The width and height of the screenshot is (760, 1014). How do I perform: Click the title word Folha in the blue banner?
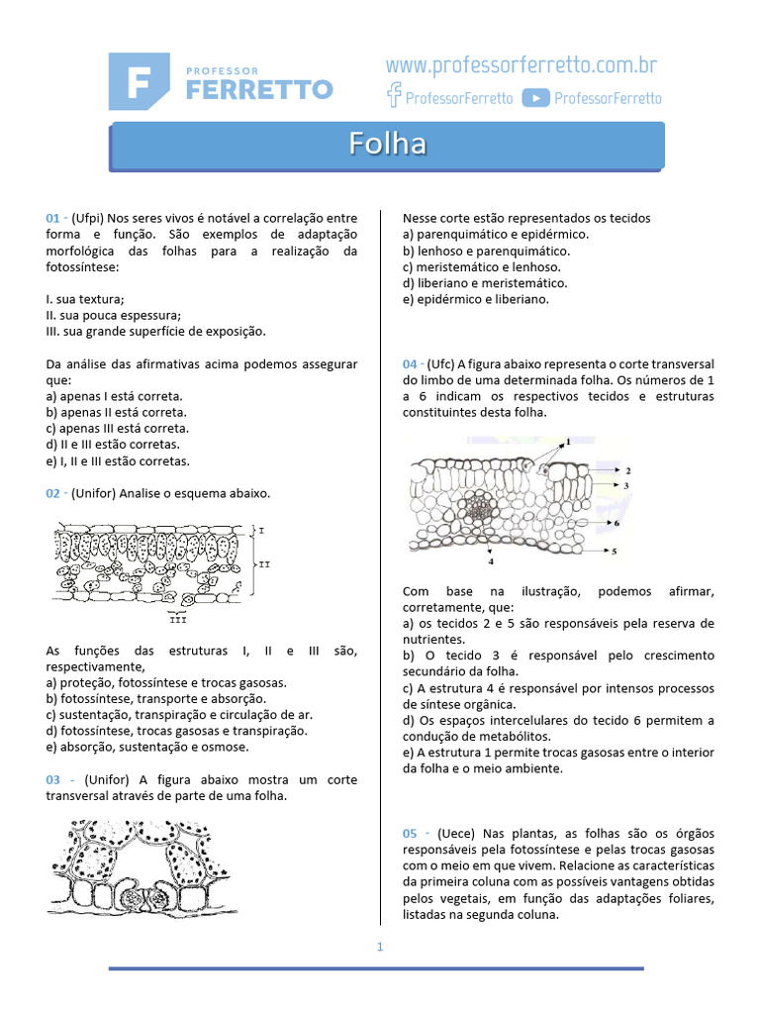click(x=387, y=145)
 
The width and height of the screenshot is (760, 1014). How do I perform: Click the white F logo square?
click(x=140, y=81)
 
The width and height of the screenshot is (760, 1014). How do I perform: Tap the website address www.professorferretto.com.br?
click(x=522, y=66)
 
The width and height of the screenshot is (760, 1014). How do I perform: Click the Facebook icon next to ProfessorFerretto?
click(x=394, y=97)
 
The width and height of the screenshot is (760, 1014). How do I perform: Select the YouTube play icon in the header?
click(x=535, y=97)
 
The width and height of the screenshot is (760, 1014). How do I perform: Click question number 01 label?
click(x=53, y=218)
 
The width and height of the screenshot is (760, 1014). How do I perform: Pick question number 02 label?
click(x=53, y=493)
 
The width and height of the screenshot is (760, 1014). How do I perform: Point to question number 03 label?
click(x=53, y=780)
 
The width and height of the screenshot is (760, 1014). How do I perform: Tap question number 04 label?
click(x=411, y=364)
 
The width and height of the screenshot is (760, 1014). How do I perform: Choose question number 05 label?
click(x=411, y=834)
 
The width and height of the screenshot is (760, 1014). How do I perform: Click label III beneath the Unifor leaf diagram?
click(x=178, y=620)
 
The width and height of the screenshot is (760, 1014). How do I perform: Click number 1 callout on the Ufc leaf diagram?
click(x=568, y=441)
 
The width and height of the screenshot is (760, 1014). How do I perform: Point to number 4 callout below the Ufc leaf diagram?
click(x=491, y=561)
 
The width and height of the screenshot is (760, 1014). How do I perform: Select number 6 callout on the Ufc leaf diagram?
click(x=617, y=522)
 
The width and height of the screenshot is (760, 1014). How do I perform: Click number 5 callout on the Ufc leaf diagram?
click(x=614, y=551)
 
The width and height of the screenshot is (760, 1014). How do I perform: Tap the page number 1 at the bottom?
click(x=379, y=947)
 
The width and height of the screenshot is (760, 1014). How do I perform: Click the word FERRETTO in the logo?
click(x=259, y=90)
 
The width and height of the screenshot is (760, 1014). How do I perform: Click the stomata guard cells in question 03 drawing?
click(x=146, y=898)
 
